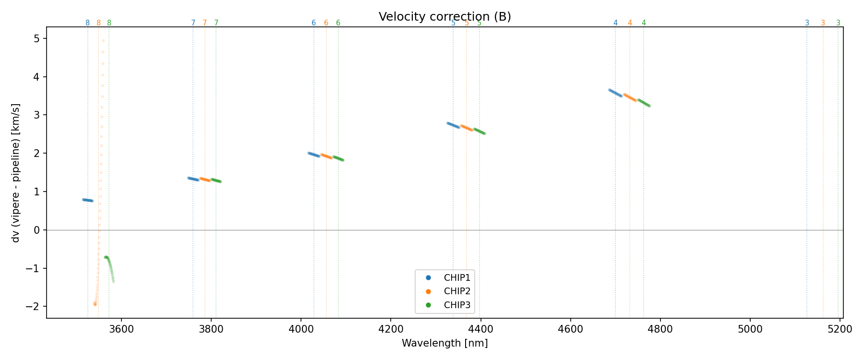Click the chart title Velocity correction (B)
tap(444, 17)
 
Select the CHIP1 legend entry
tap(456, 277)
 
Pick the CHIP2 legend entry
tap(456, 291)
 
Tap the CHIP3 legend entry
tap(456, 305)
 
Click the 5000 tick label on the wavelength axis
tap(750, 329)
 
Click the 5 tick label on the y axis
tap(37, 38)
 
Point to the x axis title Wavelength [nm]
tap(444, 343)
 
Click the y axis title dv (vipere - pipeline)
tap(16, 173)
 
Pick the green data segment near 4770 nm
tap(644, 103)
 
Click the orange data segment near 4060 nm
tap(326, 156)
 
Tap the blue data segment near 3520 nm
tap(87, 200)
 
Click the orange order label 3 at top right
tap(823, 23)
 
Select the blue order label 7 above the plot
tap(193, 23)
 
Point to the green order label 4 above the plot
tap(644, 23)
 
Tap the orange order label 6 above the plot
tap(326, 23)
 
